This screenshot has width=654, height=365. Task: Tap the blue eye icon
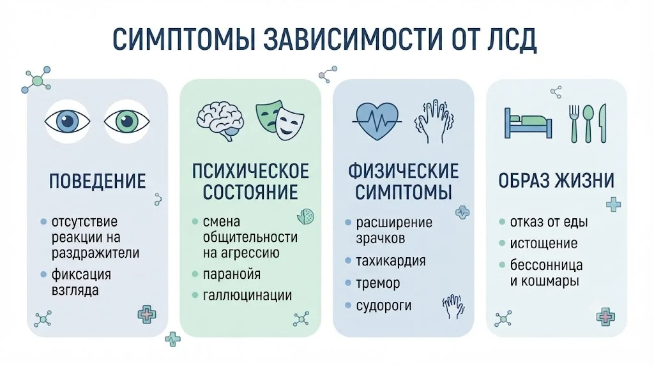click(x=67, y=122)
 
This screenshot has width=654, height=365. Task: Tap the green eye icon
click(x=127, y=122)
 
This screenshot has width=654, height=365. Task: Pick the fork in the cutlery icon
click(x=574, y=123)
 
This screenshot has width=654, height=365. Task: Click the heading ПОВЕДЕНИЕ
click(x=98, y=181)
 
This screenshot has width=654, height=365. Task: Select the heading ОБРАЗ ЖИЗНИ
click(x=556, y=181)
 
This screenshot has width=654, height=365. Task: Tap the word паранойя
click(x=231, y=274)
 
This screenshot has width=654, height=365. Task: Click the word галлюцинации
click(x=247, y=295)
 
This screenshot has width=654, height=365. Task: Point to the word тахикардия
click(x=391, y=261)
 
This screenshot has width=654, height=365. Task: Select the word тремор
click(x=378, y=283)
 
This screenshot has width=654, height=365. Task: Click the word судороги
click(x=384, y=306)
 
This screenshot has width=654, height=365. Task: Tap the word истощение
click(x=544, y=243)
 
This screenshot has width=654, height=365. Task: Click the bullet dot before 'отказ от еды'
click(x=502, y=221)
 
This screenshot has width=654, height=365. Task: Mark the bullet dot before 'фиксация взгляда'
click(x=43, y=274)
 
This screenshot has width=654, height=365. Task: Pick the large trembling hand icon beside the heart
click(x=434, y=121)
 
